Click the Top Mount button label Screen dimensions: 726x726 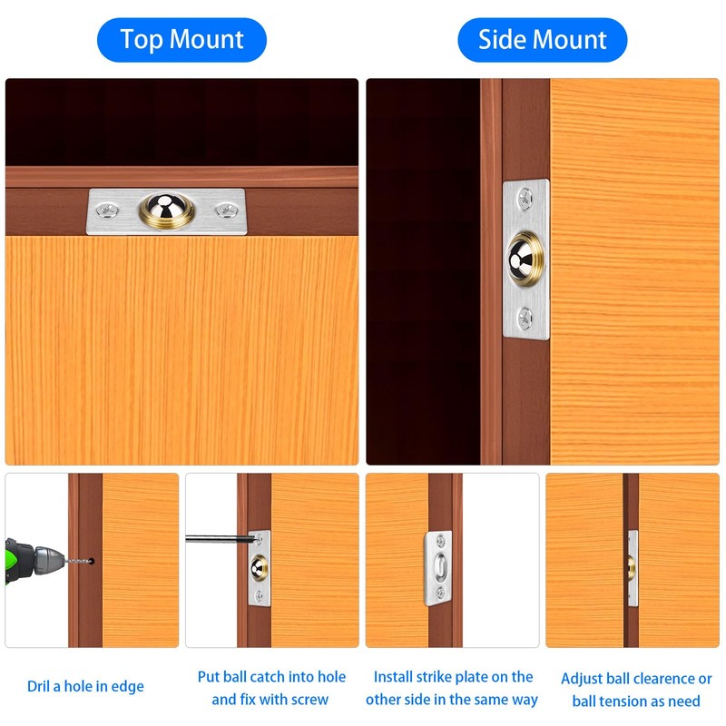pyautogui.click(x=181, y=40)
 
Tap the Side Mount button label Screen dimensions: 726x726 pyautogui.click(x=543, y=40)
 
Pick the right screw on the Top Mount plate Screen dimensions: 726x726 pyautogui.click(x=224, y=211)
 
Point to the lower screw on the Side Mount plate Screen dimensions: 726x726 pyautogui.click(x=525, y=317)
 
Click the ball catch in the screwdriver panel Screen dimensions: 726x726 pyautogui.click(x=259, y=567)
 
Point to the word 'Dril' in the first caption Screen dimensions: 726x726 pyautogui.click(x=40, y=687)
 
